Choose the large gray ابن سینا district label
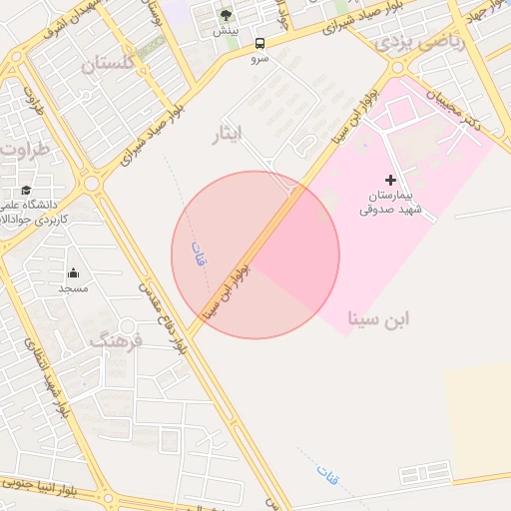(378, 318)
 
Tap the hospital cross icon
(390, 179)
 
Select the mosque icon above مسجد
(73, 272)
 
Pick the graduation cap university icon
(25, 190)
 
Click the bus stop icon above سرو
(259, 43)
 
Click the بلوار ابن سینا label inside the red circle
(239, 289)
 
